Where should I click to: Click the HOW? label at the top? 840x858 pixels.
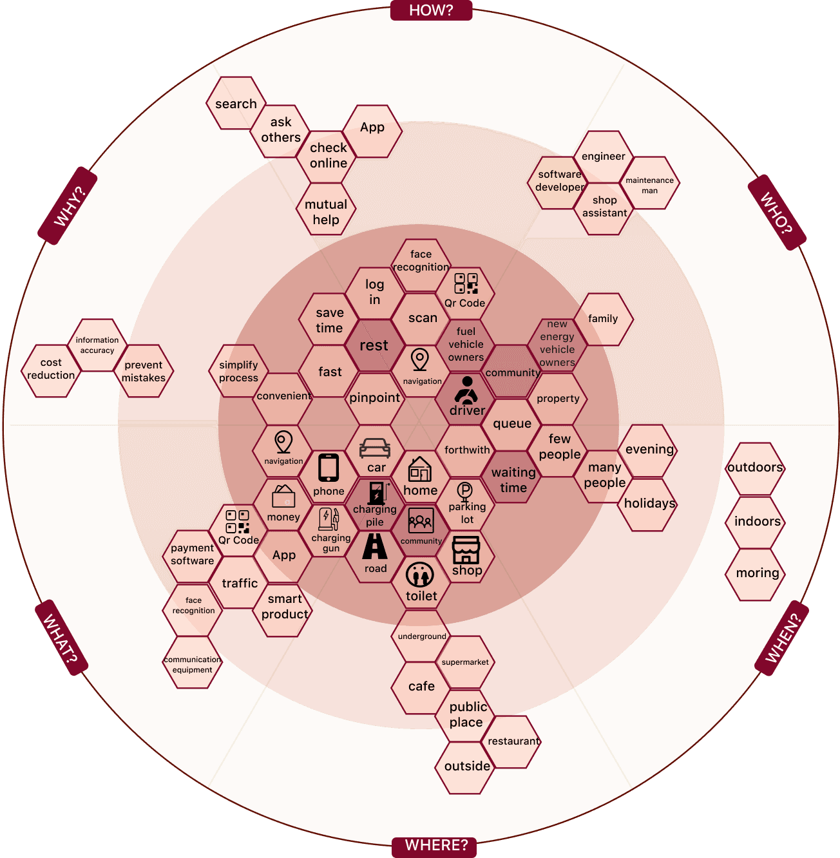tap(431, 10)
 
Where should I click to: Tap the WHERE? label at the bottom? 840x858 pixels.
tap(435, 845)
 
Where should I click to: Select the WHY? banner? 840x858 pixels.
tap(68, 206)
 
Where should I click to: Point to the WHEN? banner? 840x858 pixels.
tap(781, 638)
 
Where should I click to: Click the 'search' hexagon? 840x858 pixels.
tap(236, 104)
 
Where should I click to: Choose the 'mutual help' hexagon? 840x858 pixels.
tap(326, 211)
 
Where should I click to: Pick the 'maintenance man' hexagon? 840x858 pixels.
tap(649, 185)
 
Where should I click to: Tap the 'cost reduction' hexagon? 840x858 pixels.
tap(51, 369)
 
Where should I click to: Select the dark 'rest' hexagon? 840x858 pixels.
tap(374, 345)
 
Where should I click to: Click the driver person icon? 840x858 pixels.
tap(466, 390)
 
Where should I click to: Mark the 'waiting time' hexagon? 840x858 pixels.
tap(513, 480)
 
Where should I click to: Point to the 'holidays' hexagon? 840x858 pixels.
tap(649, 504)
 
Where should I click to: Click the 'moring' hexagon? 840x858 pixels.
tap(757, 573)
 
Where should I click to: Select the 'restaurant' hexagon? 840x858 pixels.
tap(513, 741)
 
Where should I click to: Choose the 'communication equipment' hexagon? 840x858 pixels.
tap(192, 664)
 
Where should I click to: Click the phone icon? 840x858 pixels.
tap(329, 468)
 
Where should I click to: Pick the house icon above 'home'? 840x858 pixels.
tap(420, 470)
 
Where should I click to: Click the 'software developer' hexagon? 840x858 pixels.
tap(559, 181)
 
